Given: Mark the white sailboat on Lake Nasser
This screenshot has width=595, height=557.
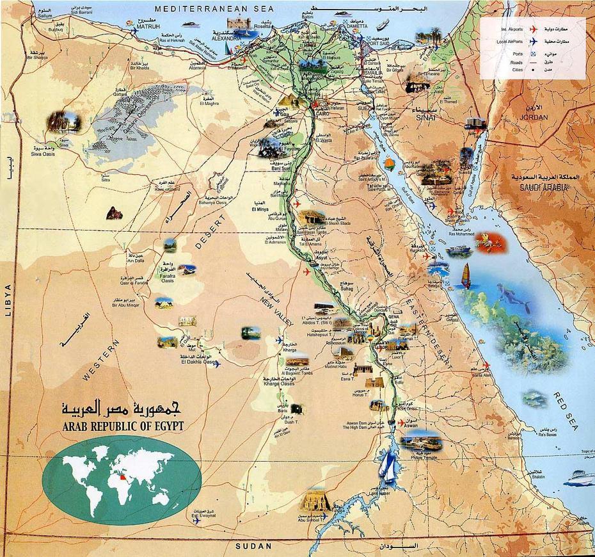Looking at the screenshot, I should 388,467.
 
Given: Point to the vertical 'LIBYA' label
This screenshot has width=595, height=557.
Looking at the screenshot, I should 8,301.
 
